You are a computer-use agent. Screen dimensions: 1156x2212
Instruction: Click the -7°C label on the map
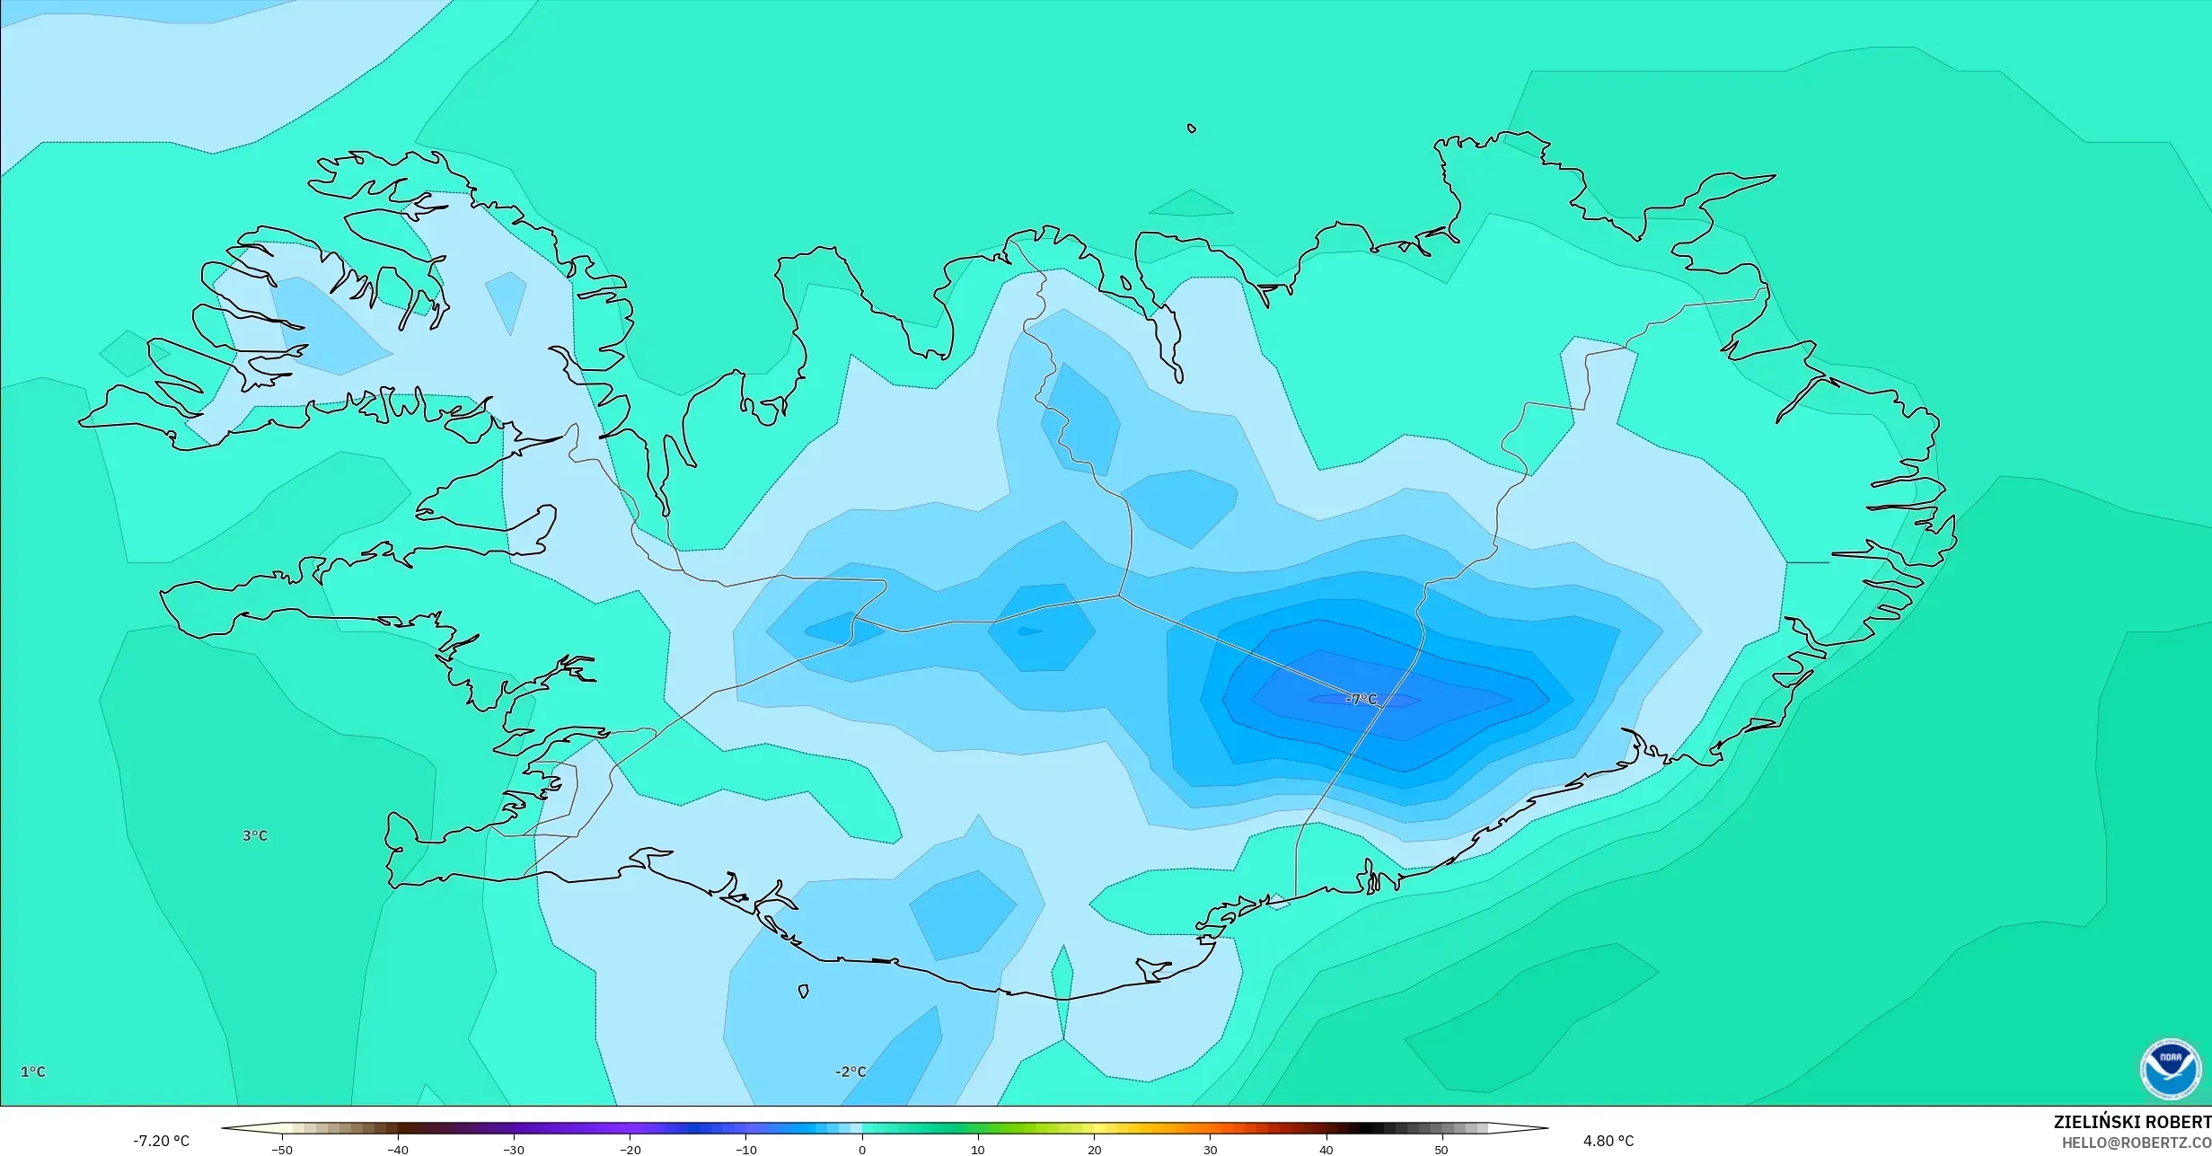click(1362, 699)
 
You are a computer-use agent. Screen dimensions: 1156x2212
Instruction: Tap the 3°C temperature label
click(255, 835)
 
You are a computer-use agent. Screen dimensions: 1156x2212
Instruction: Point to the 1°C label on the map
click(33, 1072)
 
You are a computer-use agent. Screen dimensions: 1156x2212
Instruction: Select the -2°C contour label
click(850, 1072)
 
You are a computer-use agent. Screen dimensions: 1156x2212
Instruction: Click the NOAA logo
click(2171, 1069)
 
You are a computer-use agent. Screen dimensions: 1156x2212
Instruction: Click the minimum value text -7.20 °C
click(162, 1141)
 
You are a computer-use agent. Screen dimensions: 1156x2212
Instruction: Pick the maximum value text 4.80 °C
click(1608, 1141)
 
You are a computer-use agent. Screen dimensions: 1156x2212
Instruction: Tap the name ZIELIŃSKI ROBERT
click(2132, 1122)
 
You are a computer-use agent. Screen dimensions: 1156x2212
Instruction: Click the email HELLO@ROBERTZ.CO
click(2137, 1143)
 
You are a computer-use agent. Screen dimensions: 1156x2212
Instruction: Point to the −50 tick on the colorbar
click(281, 1150)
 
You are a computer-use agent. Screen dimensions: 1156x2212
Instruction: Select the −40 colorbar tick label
click(397, 1150)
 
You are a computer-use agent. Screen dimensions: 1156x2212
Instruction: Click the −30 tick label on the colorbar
click(513, 1150)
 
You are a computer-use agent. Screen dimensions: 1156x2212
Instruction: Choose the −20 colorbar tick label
click(630, 1150)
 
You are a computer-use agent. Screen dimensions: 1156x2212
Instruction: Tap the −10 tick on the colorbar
click(745, 1150)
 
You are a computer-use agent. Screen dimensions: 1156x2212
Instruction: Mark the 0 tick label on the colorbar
click(862, 1150)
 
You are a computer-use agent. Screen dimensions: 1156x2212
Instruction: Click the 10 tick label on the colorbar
click(978, 1150)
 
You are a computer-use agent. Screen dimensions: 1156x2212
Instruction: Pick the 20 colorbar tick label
click(1094, 1150)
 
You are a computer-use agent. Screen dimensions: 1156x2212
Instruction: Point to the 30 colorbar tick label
click(1211, 1150)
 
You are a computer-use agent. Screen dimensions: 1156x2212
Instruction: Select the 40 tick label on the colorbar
click(1326, 1150)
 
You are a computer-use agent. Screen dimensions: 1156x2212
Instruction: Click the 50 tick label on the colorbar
click(1442, 1150)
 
